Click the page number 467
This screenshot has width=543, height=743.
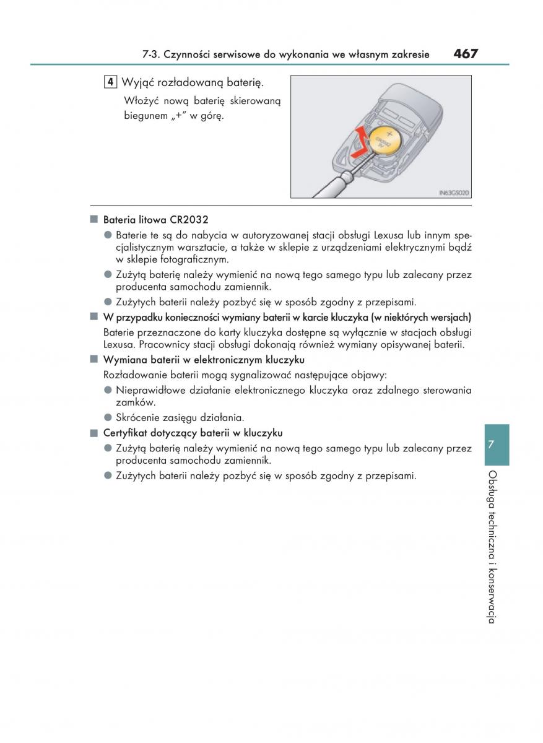[466, 54]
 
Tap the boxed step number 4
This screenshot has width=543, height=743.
[110, 82]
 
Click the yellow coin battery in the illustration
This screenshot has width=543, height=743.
[386, 141]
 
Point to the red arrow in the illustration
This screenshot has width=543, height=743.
[361, 142]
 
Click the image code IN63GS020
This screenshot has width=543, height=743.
[454, 193]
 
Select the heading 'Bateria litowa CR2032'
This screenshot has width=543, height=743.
[155, 220]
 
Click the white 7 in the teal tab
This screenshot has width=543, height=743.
[491, 444]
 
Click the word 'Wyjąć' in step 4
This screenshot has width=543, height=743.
[137, 82]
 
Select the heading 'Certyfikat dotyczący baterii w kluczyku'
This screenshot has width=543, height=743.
[193, 433]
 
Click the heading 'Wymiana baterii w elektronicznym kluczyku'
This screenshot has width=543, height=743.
[204, 360]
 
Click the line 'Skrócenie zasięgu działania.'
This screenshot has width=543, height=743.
[180, 417]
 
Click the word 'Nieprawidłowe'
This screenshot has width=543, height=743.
[150, 390]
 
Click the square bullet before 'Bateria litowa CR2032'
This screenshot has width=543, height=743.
[94, 219]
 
